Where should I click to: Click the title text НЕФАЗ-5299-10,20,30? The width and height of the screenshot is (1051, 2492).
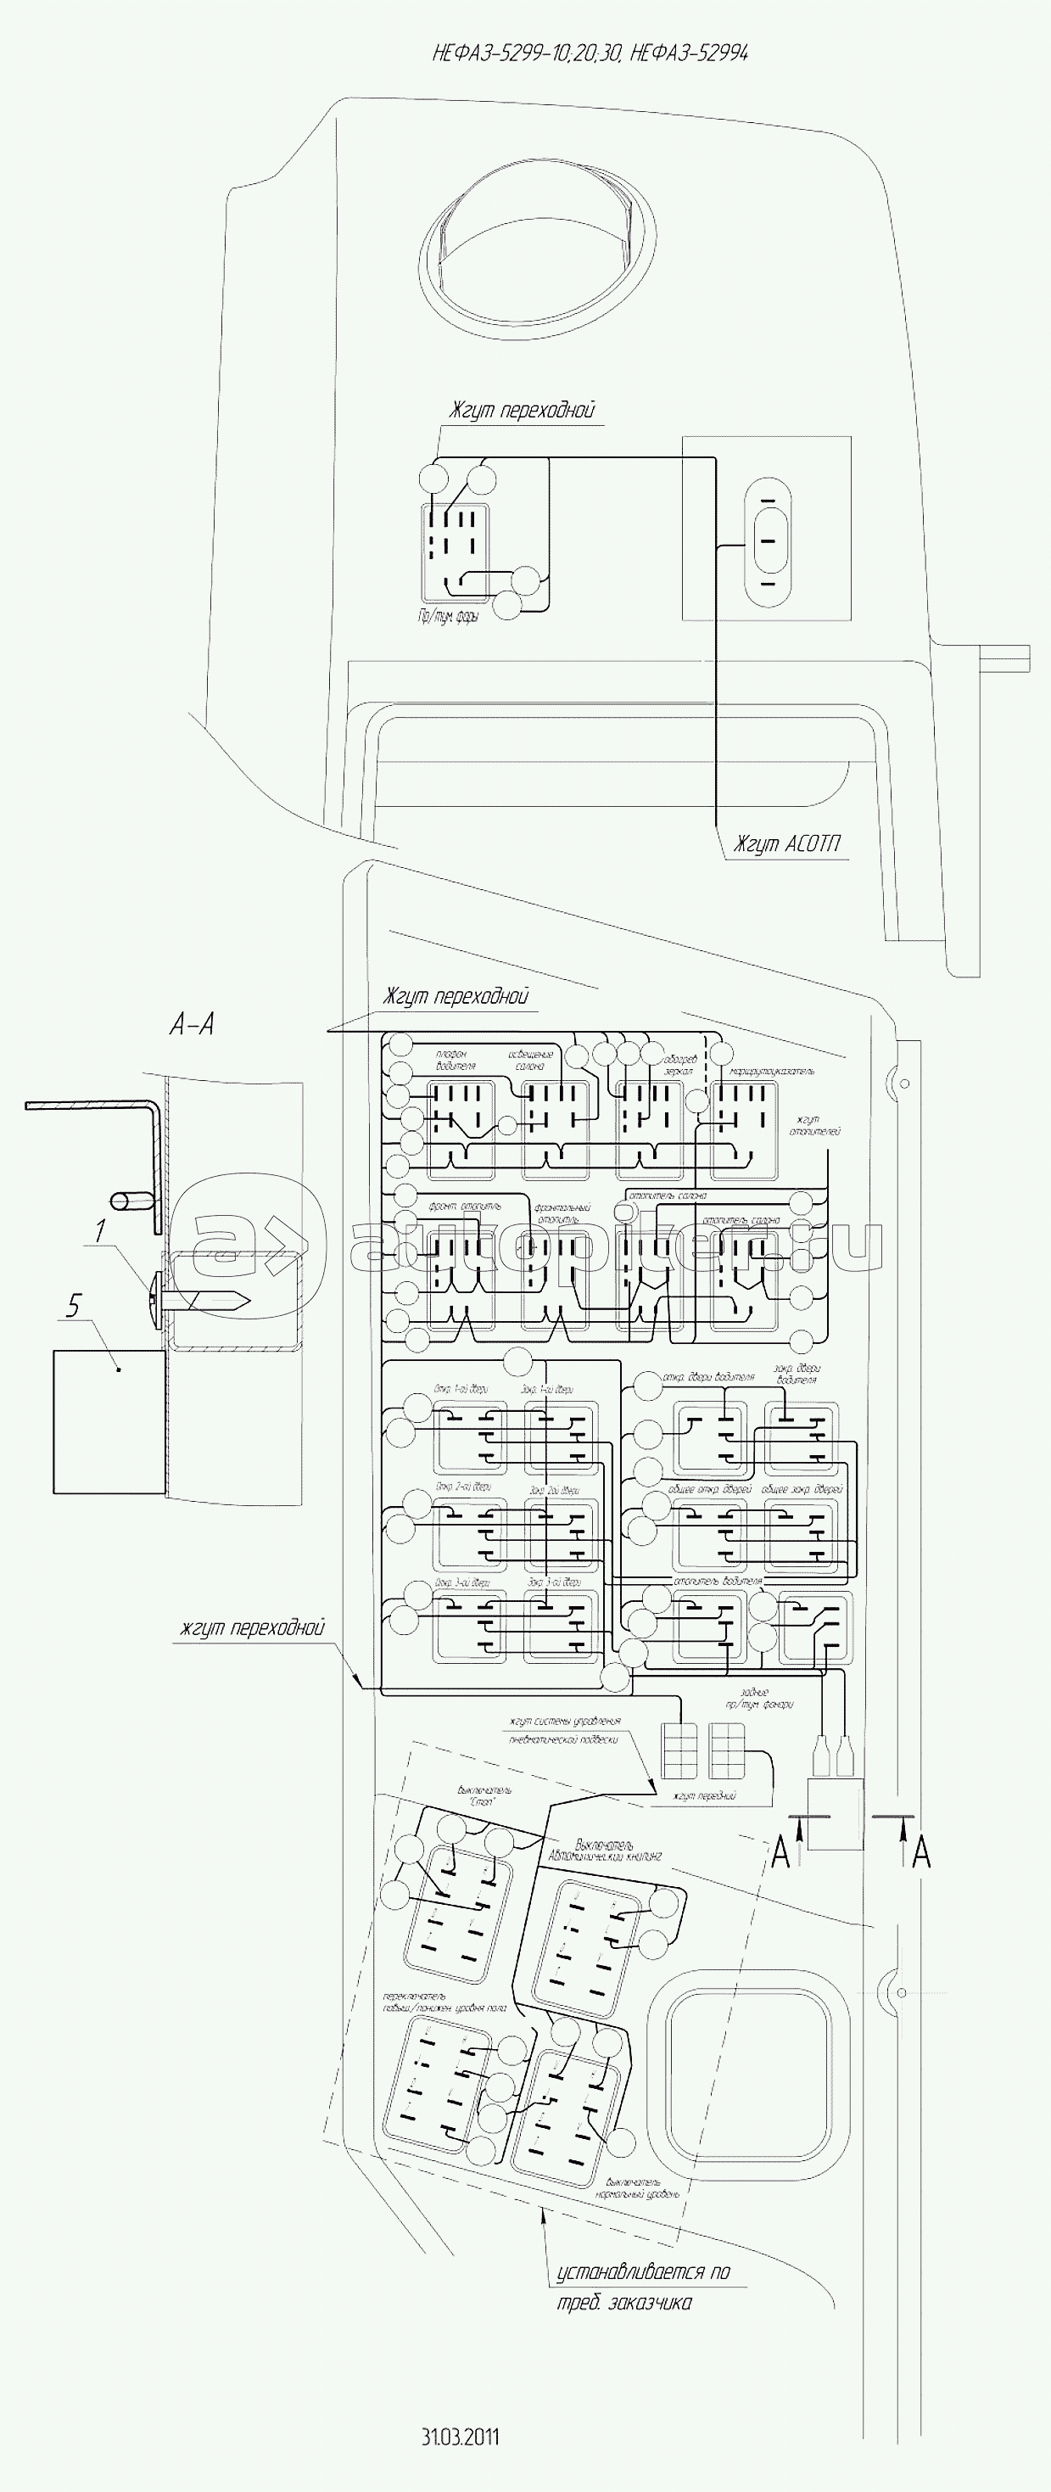(x=527, y=53)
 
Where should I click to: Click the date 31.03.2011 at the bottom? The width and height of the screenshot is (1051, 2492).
(x=461, y=2436)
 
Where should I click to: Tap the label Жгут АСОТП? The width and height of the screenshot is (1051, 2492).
(x=785, y=844)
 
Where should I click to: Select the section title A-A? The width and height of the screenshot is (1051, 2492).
(x=192, y=1024)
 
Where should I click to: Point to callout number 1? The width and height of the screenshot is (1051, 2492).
(x=99, y=1230)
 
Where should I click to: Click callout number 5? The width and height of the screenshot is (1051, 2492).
(x=75, y=1306)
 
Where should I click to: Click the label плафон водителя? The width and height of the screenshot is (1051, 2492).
(x=456, y=1061)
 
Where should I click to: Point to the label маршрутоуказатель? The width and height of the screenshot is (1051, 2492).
(x=773, y=1072)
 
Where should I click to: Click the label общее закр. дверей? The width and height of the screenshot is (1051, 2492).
(x=802, y=1489)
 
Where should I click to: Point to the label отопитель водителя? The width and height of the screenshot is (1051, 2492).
(x=718, y=1581)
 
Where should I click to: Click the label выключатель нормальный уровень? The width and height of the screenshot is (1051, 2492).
(x=641, y=2188)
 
